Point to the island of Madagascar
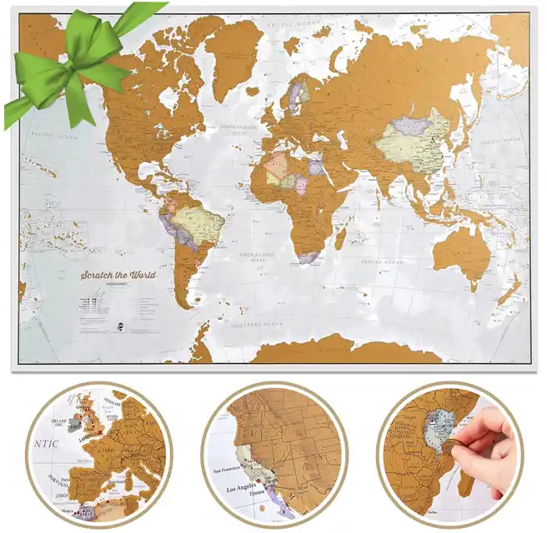339,238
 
